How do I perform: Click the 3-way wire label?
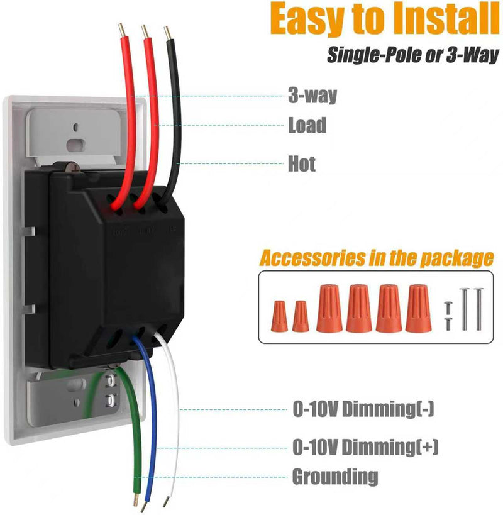312,96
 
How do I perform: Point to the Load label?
307,125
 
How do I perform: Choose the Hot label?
302,164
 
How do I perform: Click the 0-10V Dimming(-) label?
363,409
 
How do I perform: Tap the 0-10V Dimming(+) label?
365,447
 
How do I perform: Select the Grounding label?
335,477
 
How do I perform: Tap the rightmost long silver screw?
477,308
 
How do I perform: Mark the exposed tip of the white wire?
166,502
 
